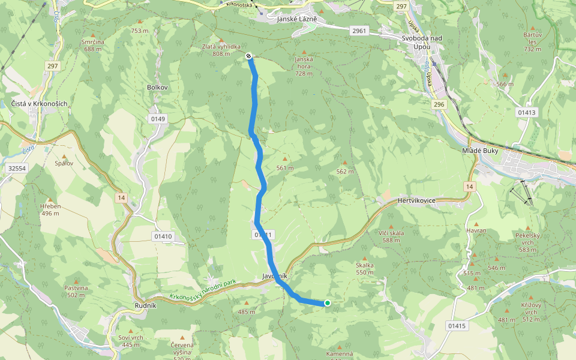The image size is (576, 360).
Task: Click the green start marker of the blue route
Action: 328,303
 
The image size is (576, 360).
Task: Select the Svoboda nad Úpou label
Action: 422,42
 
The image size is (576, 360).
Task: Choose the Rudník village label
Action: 146,305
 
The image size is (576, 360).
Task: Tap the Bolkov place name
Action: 157,87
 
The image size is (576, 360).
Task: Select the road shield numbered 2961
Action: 360,30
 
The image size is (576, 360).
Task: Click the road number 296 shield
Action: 439,104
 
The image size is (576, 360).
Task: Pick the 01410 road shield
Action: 163,236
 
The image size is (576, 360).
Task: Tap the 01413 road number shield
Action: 526,112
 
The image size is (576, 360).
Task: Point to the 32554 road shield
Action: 18,169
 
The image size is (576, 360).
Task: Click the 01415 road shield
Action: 456,325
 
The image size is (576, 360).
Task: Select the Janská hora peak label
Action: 305,62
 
